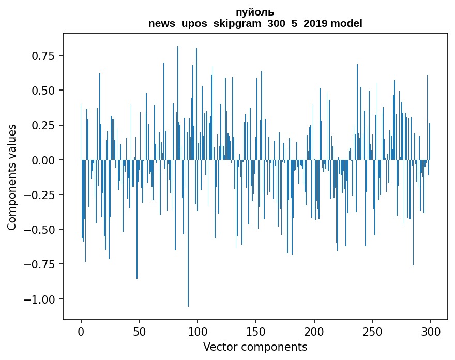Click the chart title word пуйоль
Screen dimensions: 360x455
click(255, 12)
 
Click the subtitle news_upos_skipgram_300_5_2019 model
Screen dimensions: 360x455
click(255, 24)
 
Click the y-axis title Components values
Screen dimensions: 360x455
click(12, 177)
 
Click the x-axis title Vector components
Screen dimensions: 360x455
click(255, 347)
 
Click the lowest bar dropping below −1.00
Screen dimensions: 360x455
click(188, 259)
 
